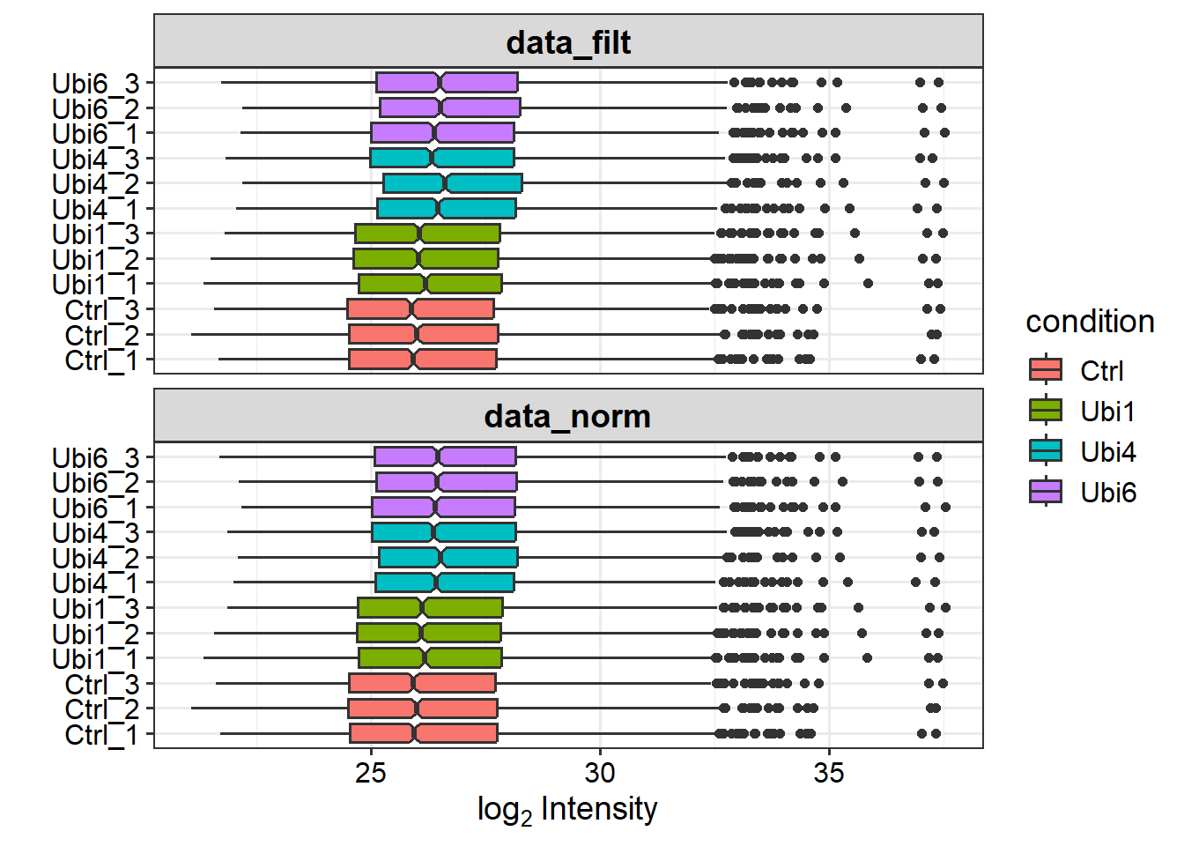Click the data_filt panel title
coord(568,42)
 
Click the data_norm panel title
coord(568,416)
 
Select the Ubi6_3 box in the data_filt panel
coord(447,83)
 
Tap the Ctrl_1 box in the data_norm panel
coord(424,733)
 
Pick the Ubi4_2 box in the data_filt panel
coord(453,183)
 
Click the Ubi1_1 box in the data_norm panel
coord(430,658)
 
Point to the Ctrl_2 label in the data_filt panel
coord(101,336)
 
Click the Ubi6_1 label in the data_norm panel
coord(95,508)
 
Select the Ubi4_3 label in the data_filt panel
coord(95,160)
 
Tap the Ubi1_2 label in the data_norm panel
coord(95,634)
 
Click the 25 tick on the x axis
coord(371,773)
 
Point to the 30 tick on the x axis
coord(600,773)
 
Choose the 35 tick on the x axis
coord(829,773)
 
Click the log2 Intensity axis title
coord(568,809)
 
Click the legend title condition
coord(1090,322)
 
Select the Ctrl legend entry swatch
coord(1046,370)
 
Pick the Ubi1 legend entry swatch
coord(1046,411)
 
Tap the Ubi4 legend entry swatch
coord(1046,451)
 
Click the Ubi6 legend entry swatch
coord(1046,492)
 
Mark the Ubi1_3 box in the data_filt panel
coord(427,234)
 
